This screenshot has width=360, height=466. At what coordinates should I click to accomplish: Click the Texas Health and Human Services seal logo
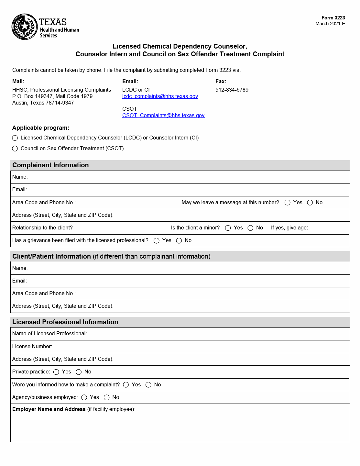pyautogui.click(x=25, y=27)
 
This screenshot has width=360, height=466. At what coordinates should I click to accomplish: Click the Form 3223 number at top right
pyautogui.click(x=333, y=18)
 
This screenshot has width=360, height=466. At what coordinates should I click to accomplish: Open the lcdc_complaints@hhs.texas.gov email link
pyautogui.click(x=160, y=96)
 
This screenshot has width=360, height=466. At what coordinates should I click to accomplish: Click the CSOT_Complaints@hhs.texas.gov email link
pyautogui.click(x=163, y=116)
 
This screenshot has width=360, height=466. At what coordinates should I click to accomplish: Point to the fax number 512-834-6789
pyautogui.click(x=232, y=90)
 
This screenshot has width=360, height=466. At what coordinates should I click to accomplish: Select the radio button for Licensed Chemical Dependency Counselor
pyautogui.click(x=15, y=138)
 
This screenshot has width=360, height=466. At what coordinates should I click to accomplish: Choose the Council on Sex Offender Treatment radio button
pyautogui.click(x=15, y=149)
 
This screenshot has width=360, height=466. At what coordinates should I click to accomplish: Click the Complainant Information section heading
pyautogui.click(x=50, y=165)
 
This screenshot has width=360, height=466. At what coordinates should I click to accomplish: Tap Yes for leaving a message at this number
pyautogui.click(x=288, y=203)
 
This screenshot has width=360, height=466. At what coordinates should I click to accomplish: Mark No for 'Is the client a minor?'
pyautogui.click(x=250, y=228)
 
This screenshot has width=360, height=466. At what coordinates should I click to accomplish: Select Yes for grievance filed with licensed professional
pyautogui.click(x=157, y=241)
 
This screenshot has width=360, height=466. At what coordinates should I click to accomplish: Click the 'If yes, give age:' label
pyautogui.click(x=289, y=228)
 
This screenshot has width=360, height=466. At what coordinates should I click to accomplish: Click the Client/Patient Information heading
pyautogui.click(x=51, y=257)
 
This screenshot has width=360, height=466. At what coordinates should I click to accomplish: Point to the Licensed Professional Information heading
pyautogui.click(x=65, y=322)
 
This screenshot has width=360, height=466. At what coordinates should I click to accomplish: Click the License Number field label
pyautogui.click(x=32, y=347)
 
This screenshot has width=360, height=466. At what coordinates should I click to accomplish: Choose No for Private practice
pyautogui.click(x=79, y=372)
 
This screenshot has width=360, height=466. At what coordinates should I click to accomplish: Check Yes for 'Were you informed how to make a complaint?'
pyautogui.click(x=126, y=385)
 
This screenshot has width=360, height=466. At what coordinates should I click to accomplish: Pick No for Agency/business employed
pyautogui.click(x=107, y=397)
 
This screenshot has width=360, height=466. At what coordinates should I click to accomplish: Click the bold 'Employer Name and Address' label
pyautogui.click(x=49, y=409)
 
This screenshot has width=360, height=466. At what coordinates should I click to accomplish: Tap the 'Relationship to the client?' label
pyautogui.click(x=42, y=228)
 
